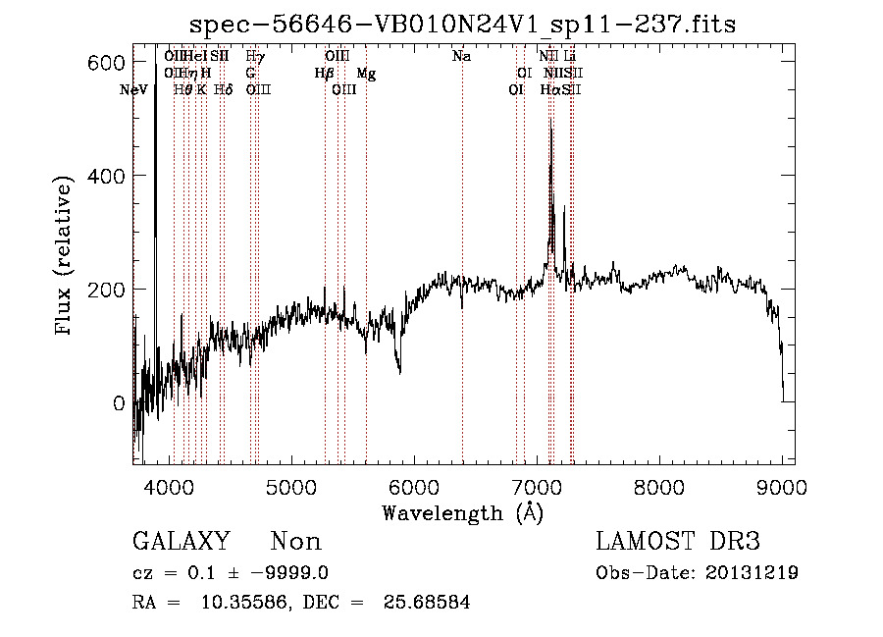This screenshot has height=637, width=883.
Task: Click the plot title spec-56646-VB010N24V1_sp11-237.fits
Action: pos(463,24)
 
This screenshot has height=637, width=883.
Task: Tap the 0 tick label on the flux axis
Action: pos(119,403)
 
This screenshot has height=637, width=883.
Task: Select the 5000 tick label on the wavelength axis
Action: pos(290,487)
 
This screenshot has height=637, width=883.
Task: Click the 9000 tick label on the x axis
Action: pos(781,487)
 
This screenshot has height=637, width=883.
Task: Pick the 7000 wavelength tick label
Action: pos(536,487)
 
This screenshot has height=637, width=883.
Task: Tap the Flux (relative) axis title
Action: pos(65,257)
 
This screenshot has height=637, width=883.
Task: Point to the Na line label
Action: pos(461,57)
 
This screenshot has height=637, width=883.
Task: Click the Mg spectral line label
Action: pos(366,74)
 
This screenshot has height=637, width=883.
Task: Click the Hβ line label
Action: pos(324,74)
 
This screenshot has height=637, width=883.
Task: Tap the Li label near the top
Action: pos(570,57)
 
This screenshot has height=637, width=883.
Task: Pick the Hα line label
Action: pos(549,90)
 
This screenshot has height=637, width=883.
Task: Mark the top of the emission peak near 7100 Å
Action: pos(550,122)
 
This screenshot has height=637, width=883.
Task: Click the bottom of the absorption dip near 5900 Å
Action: pos(399,373)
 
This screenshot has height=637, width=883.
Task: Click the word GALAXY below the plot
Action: pos(181,542)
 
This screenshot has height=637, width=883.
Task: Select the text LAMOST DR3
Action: pos(678,542)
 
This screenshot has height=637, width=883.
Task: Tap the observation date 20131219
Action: pos(752,573)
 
